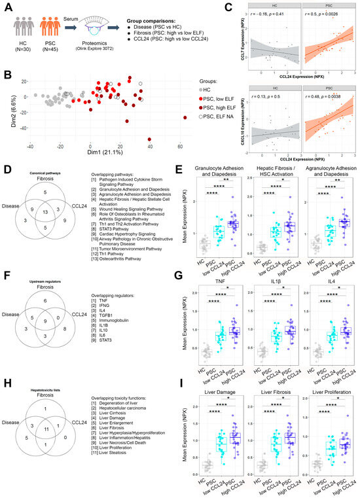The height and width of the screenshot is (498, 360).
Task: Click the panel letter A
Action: (x=7, y=6)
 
